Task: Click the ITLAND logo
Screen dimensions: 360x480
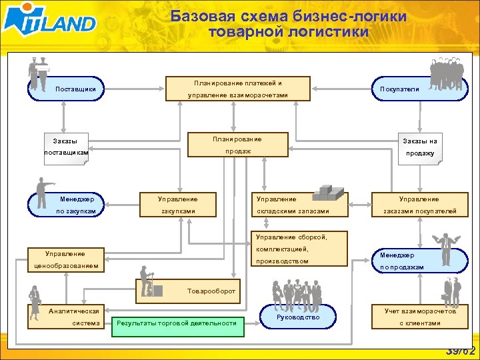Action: pyautogui.click(x=50, y=21)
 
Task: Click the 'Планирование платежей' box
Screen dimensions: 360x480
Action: pyautogui.click(x=237, y=89)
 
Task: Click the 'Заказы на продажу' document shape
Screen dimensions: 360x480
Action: pyautogui.click(x=419, y=147)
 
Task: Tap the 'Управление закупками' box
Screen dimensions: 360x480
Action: pyautogui.click(x=177, y=205)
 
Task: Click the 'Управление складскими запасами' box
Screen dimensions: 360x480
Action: pyautogui.click(x=293, y=205)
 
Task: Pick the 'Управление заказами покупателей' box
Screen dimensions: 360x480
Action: pyautogui.click(x=419, y=205)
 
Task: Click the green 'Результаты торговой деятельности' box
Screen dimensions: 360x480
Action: pyautogui.click(x=176, y=323)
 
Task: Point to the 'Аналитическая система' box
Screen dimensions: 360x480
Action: pyautogui.click(x=65, y=317)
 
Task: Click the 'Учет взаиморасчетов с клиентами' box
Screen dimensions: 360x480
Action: pyautogui.click(x=419, y=317)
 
